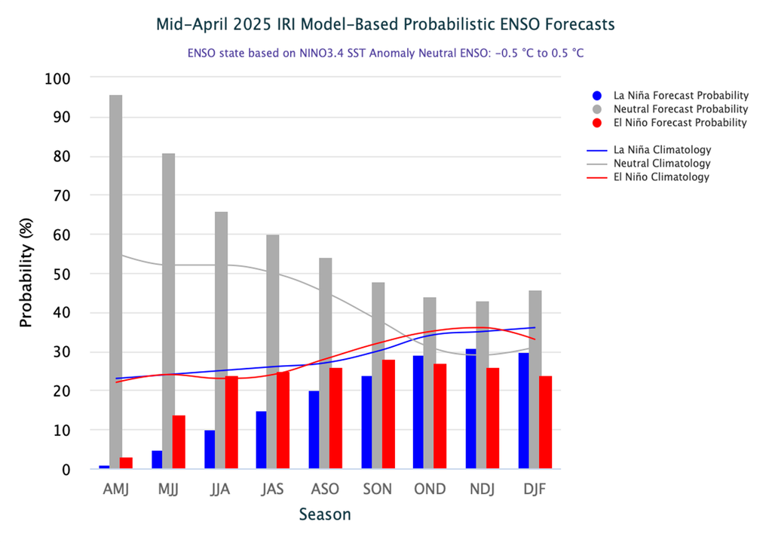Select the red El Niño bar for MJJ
pos(179,442)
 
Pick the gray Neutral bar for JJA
pos(221,340)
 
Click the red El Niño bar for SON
pos(388,414)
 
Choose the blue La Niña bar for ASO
pos(314,430)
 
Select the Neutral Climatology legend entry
pos(661,164)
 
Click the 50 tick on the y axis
pos(61,274)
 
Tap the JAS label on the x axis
pos(273,489)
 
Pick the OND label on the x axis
pos(430,489)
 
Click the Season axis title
pos(324,515)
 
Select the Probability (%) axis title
pos(26,274)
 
